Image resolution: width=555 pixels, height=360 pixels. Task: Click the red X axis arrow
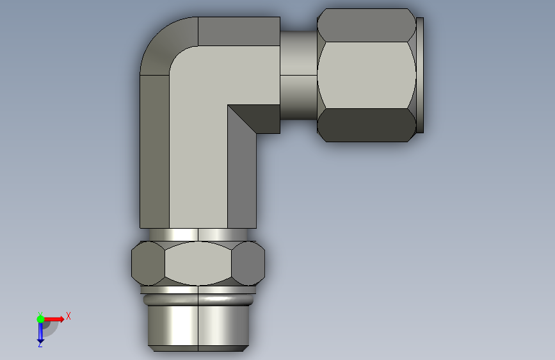pos(54,319)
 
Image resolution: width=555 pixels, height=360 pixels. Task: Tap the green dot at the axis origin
pos(40,319)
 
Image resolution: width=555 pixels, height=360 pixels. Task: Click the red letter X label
pos(68,316)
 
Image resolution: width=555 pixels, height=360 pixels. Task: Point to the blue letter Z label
pos(40,345)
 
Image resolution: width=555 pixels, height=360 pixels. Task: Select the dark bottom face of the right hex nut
pos(366,125)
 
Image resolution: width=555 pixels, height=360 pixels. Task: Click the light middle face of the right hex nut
pos(366,75)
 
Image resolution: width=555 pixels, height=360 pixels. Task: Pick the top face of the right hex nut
pos(366,25)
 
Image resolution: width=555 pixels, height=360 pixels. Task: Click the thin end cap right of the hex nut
pos(420,75)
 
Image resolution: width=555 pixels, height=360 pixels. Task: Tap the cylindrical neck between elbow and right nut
pos(298,75)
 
